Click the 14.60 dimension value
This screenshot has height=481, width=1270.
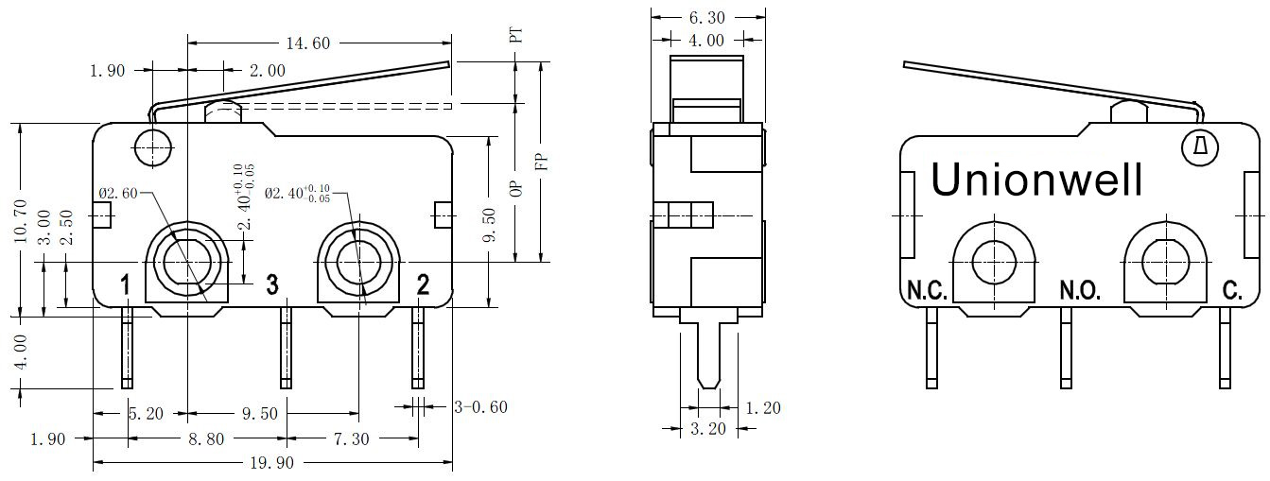(310, 43)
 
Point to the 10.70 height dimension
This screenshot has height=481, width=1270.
(21, 218)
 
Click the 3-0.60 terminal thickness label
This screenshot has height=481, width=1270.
(480, 407)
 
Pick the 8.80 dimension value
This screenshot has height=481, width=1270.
(207, 438)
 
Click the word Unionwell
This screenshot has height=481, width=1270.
(1037, 180)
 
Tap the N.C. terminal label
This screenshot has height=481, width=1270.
(927, 290)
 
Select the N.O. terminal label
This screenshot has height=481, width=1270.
(1079, 290)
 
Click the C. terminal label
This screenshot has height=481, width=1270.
(1232, 290)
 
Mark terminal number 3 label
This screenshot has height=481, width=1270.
(271, 283)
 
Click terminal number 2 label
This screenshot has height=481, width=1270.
(423, 283)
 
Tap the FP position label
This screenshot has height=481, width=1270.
(542, 162)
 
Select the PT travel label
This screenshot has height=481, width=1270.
(516, 36)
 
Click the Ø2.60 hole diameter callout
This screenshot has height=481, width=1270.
(118, 194)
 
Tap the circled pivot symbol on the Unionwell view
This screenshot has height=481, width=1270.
(1201, 147)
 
